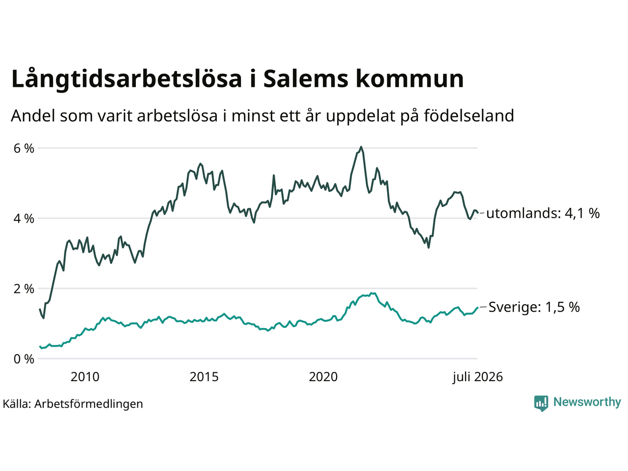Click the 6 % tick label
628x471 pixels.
point(24,149)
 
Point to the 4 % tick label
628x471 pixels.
point(24,219)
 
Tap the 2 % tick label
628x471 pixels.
point(24,289)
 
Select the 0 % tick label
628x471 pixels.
point(24,359)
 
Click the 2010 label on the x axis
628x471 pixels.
point(85,377)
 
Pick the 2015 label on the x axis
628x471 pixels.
point(204,377)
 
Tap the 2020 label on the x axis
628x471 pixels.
point(323,377)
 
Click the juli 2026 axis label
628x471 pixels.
point(477,377)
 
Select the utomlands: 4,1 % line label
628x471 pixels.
point(543,213)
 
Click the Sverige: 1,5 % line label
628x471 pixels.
point(534,307)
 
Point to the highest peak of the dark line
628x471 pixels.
point(361,147)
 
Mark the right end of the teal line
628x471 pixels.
point(477,308)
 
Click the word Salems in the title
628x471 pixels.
point(306,78)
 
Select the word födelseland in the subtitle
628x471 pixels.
point(469,116)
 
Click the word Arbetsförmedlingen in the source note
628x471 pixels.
point(89,404)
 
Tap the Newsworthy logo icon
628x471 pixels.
point(541,403)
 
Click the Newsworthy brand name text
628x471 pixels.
point(587,402)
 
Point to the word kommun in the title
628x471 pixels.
point(410,78)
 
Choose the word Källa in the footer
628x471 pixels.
point(17,404)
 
